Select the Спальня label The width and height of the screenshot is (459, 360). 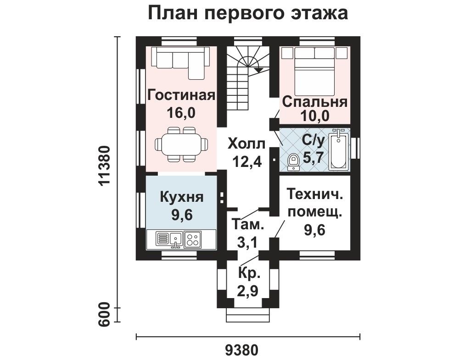click(315, 102)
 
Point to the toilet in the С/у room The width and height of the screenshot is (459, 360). click(293, 162)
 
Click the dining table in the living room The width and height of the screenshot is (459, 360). click(181, 144)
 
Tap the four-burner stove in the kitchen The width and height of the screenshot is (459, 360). click(193, 239)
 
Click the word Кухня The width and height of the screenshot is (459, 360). click(181, 197)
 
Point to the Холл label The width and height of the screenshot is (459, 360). click(246, 144)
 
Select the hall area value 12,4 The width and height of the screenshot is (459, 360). click(247, 161)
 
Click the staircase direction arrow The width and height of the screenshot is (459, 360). click(258, 70)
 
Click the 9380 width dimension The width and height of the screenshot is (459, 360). click(242, 350)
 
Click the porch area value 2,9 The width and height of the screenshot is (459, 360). click(248, 291)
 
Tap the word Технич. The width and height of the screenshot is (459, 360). click(315, 194)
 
